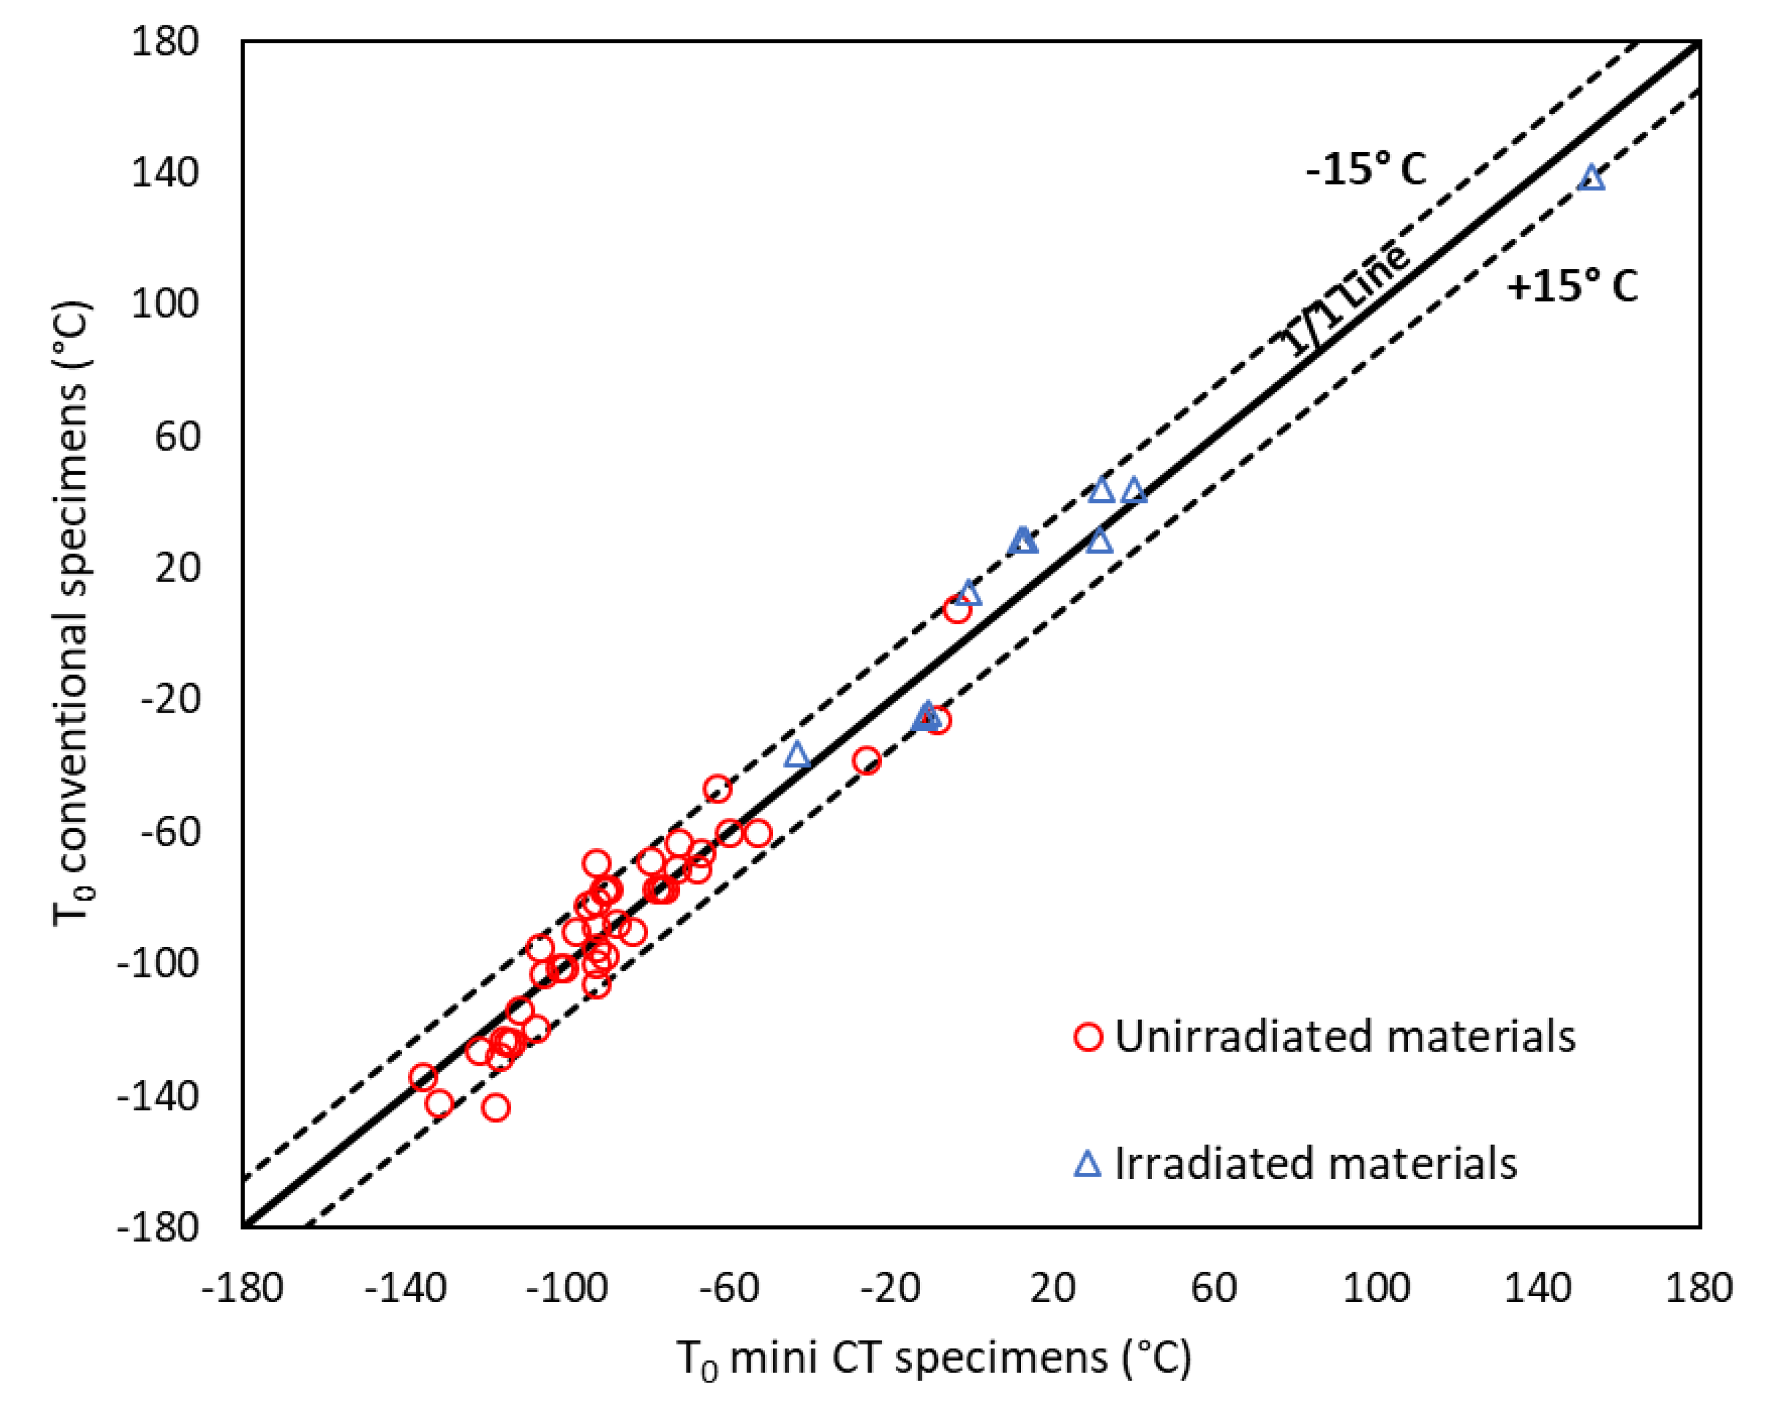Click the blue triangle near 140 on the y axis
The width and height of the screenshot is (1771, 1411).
tap(1592, 178)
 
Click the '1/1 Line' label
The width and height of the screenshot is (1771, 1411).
tap(1345, 302)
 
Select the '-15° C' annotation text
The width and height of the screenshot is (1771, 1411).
tap(1366, 170)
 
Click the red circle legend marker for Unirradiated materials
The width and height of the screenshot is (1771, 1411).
tap(1088, 1036)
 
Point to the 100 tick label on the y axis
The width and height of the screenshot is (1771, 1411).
tap(165, 304)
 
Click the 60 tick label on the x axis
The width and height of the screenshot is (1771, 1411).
tap(1213, 1288)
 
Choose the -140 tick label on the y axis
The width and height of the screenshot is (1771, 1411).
tap(158, 1096)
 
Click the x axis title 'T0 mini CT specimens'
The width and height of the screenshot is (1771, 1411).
tap(934, 1358)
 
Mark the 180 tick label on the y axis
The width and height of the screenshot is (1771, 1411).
tap(165, 41)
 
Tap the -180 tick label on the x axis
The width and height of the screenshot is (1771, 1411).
tap(242, 1288)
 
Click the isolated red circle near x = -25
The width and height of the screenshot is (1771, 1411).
tap(866, 761)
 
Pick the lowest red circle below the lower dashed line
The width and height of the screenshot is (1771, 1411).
tap(495, 1108)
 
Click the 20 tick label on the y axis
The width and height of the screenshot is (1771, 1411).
tap(177, 568)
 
